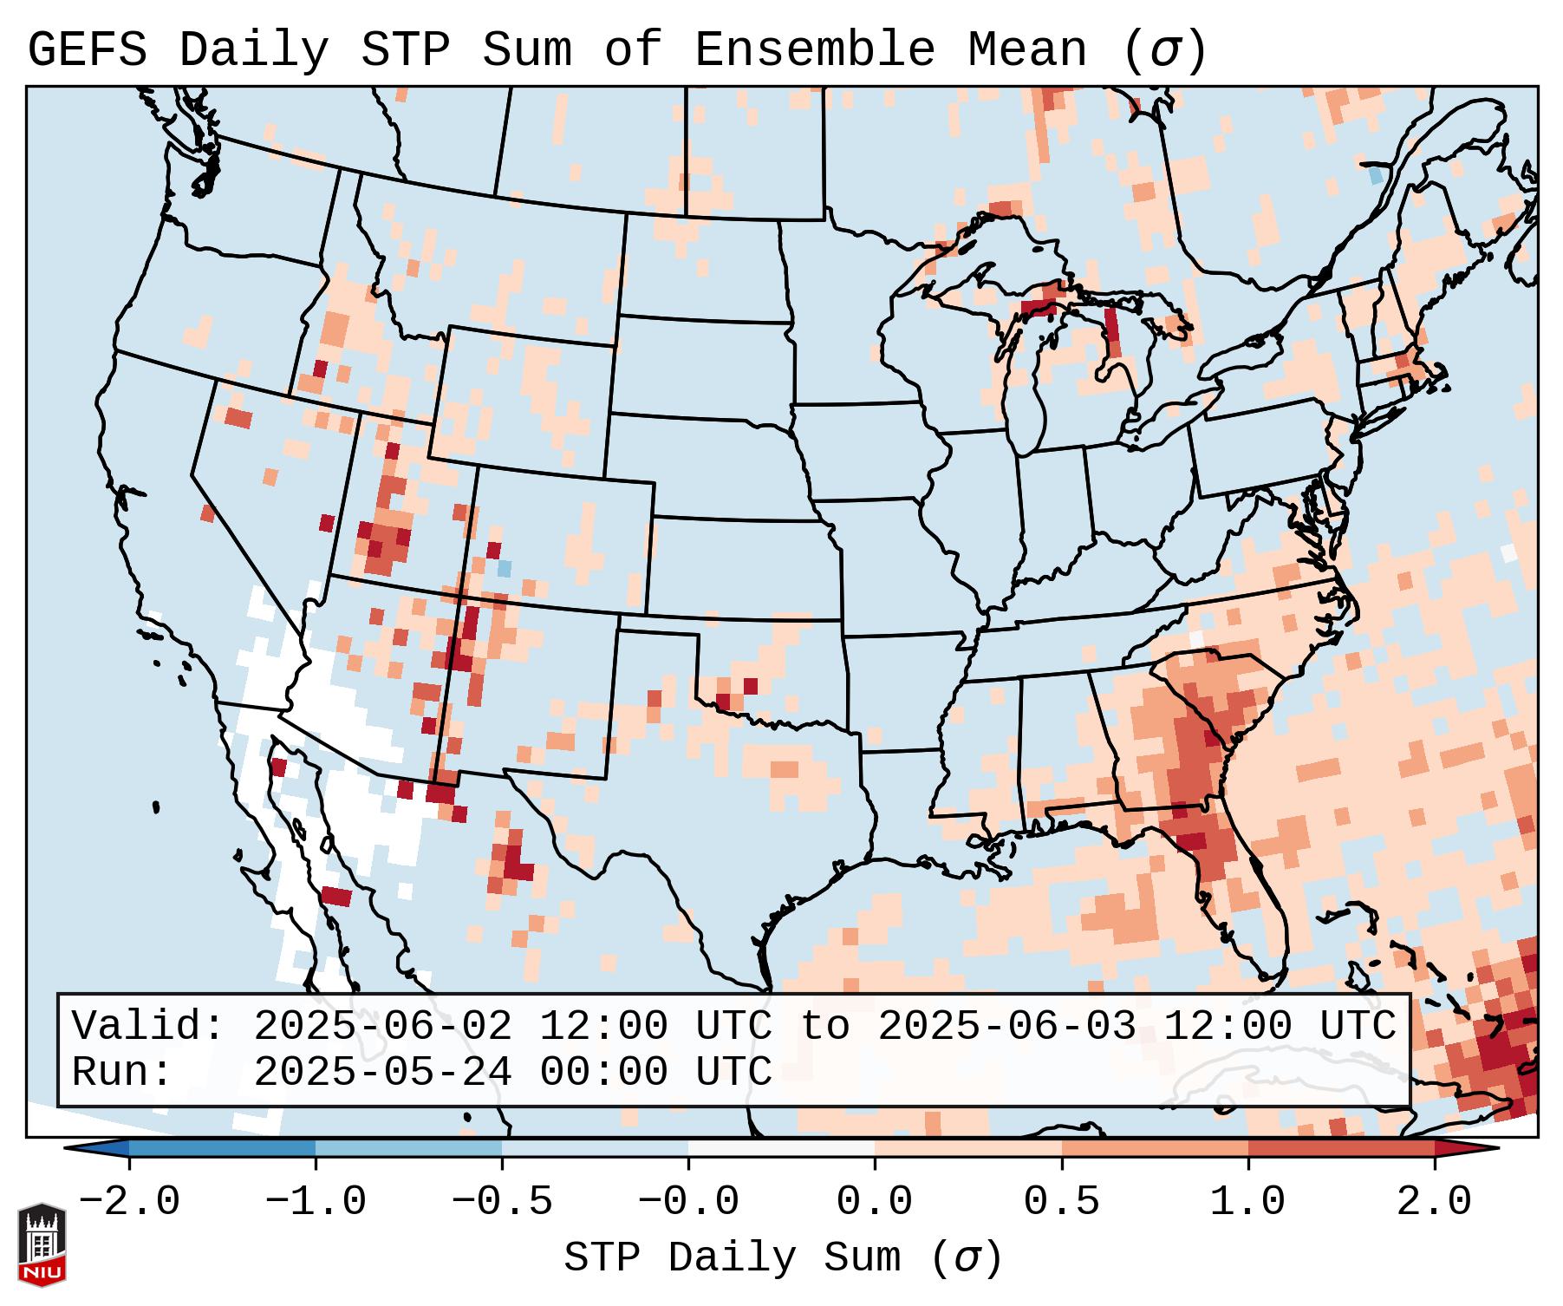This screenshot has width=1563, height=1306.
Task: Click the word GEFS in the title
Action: click(x=87, y=50)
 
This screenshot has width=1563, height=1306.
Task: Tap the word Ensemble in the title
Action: click(x=814, y=50)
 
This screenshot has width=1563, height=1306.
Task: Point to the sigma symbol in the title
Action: click(x=1164, y=50)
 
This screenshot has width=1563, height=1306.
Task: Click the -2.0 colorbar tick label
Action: click(x=129, y=1202)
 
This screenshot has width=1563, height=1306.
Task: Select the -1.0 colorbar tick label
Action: click(x=316, y=1202)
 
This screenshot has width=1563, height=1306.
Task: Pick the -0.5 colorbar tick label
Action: click(x=502, y=1202)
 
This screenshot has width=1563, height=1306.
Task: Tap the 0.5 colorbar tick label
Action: click(x=1062, y=1202)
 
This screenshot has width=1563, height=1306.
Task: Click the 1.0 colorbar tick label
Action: click(x=1248, y=1202)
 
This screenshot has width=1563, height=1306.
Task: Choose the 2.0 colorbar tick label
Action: click(x=1435, y=1202)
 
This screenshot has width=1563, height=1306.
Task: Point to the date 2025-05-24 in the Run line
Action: click(x=382, y=1073)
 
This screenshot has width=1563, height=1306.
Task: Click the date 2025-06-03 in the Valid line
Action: click(x=1006, y=1027)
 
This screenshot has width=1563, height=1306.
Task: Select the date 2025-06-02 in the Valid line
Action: click(x=382, y=1027)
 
